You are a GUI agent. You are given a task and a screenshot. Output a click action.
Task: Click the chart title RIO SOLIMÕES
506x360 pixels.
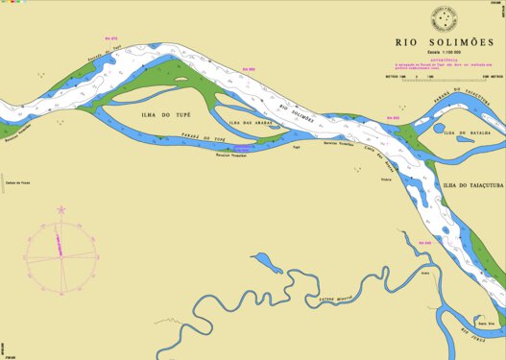tap(445, 43)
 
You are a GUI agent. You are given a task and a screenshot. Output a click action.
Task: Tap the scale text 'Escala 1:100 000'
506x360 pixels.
tap(445, 53)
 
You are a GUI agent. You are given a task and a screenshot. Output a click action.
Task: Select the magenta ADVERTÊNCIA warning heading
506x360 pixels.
tap(445, 60)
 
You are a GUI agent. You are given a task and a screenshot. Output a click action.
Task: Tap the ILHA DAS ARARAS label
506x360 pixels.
tap(248, 123)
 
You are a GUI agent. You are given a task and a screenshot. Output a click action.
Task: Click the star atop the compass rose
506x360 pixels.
tap(60, 208)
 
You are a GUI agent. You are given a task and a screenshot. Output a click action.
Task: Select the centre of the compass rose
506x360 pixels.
tap(60, 253)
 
